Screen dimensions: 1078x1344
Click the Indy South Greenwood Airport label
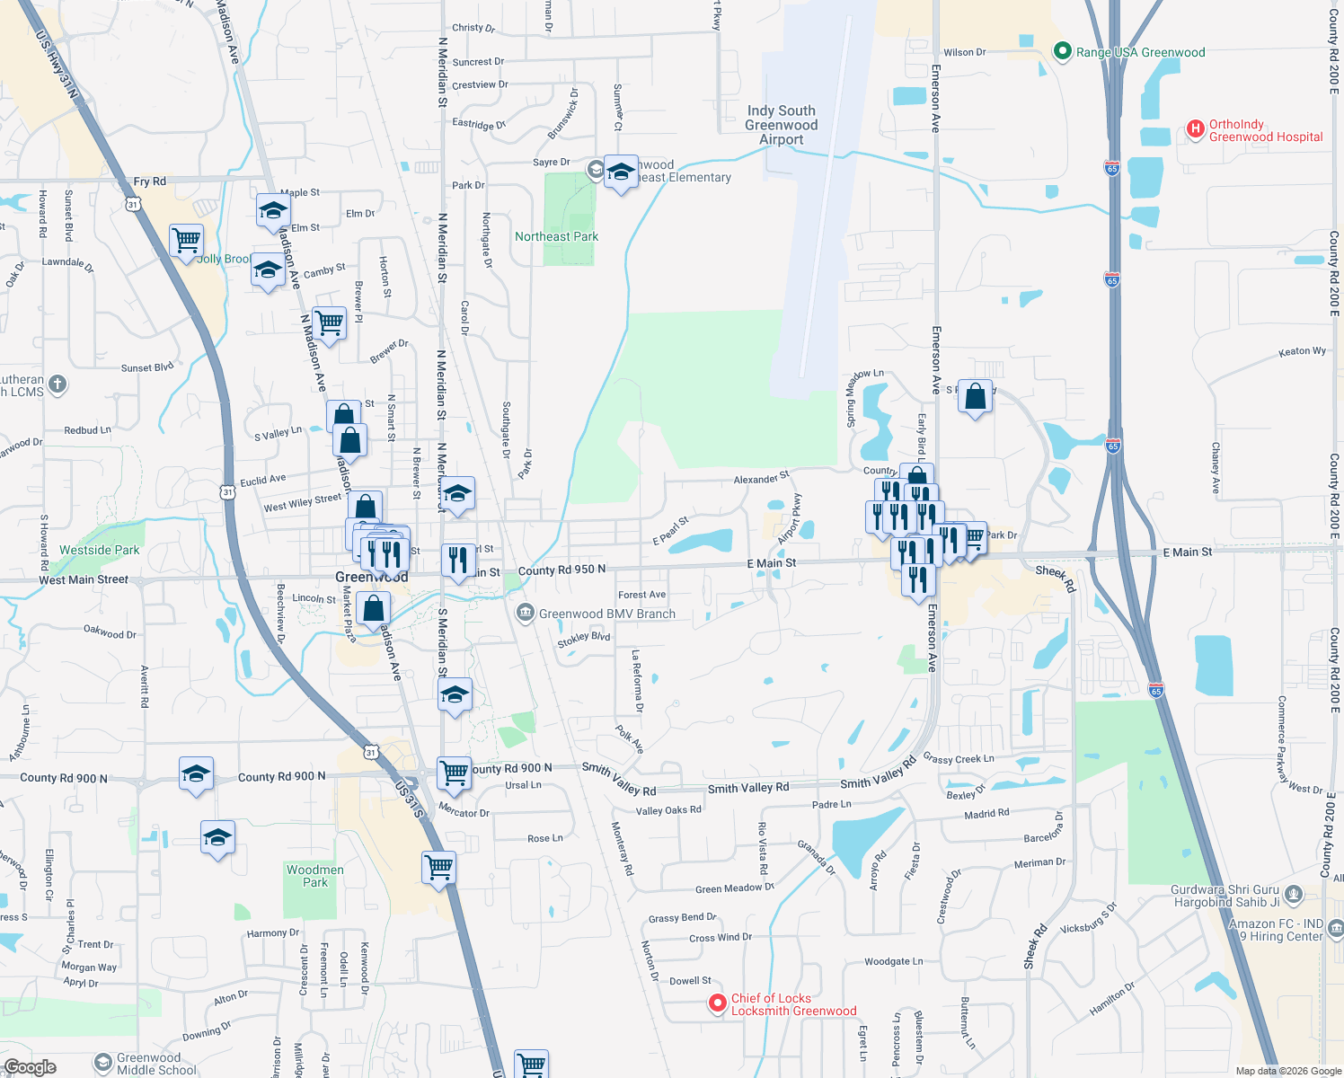(781, 125)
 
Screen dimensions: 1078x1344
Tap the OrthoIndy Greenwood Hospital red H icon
(1195, 129)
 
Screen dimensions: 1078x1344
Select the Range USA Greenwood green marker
(1063, 52)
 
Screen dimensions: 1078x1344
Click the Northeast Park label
(556, 236)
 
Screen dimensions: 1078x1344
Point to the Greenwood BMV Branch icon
(525, 614)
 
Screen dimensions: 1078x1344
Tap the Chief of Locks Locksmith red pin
(717, 1003)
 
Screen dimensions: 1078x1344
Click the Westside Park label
(99, 550)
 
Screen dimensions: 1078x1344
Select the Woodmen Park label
(314, 876)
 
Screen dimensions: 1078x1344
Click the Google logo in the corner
(30, 1067)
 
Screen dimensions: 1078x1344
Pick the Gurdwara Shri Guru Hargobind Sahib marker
(1294, 894)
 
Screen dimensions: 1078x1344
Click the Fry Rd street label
(149, 181)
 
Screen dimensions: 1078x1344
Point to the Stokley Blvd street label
(583, 639)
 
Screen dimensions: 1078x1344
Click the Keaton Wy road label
(1302, 351)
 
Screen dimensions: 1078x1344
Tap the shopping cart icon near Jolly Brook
(186, 240)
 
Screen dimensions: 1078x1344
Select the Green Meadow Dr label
(734, 888)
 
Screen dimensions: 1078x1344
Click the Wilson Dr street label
(964, 53)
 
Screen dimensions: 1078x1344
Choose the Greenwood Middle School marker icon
(102, 1062)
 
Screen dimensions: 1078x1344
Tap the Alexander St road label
(761, 478)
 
